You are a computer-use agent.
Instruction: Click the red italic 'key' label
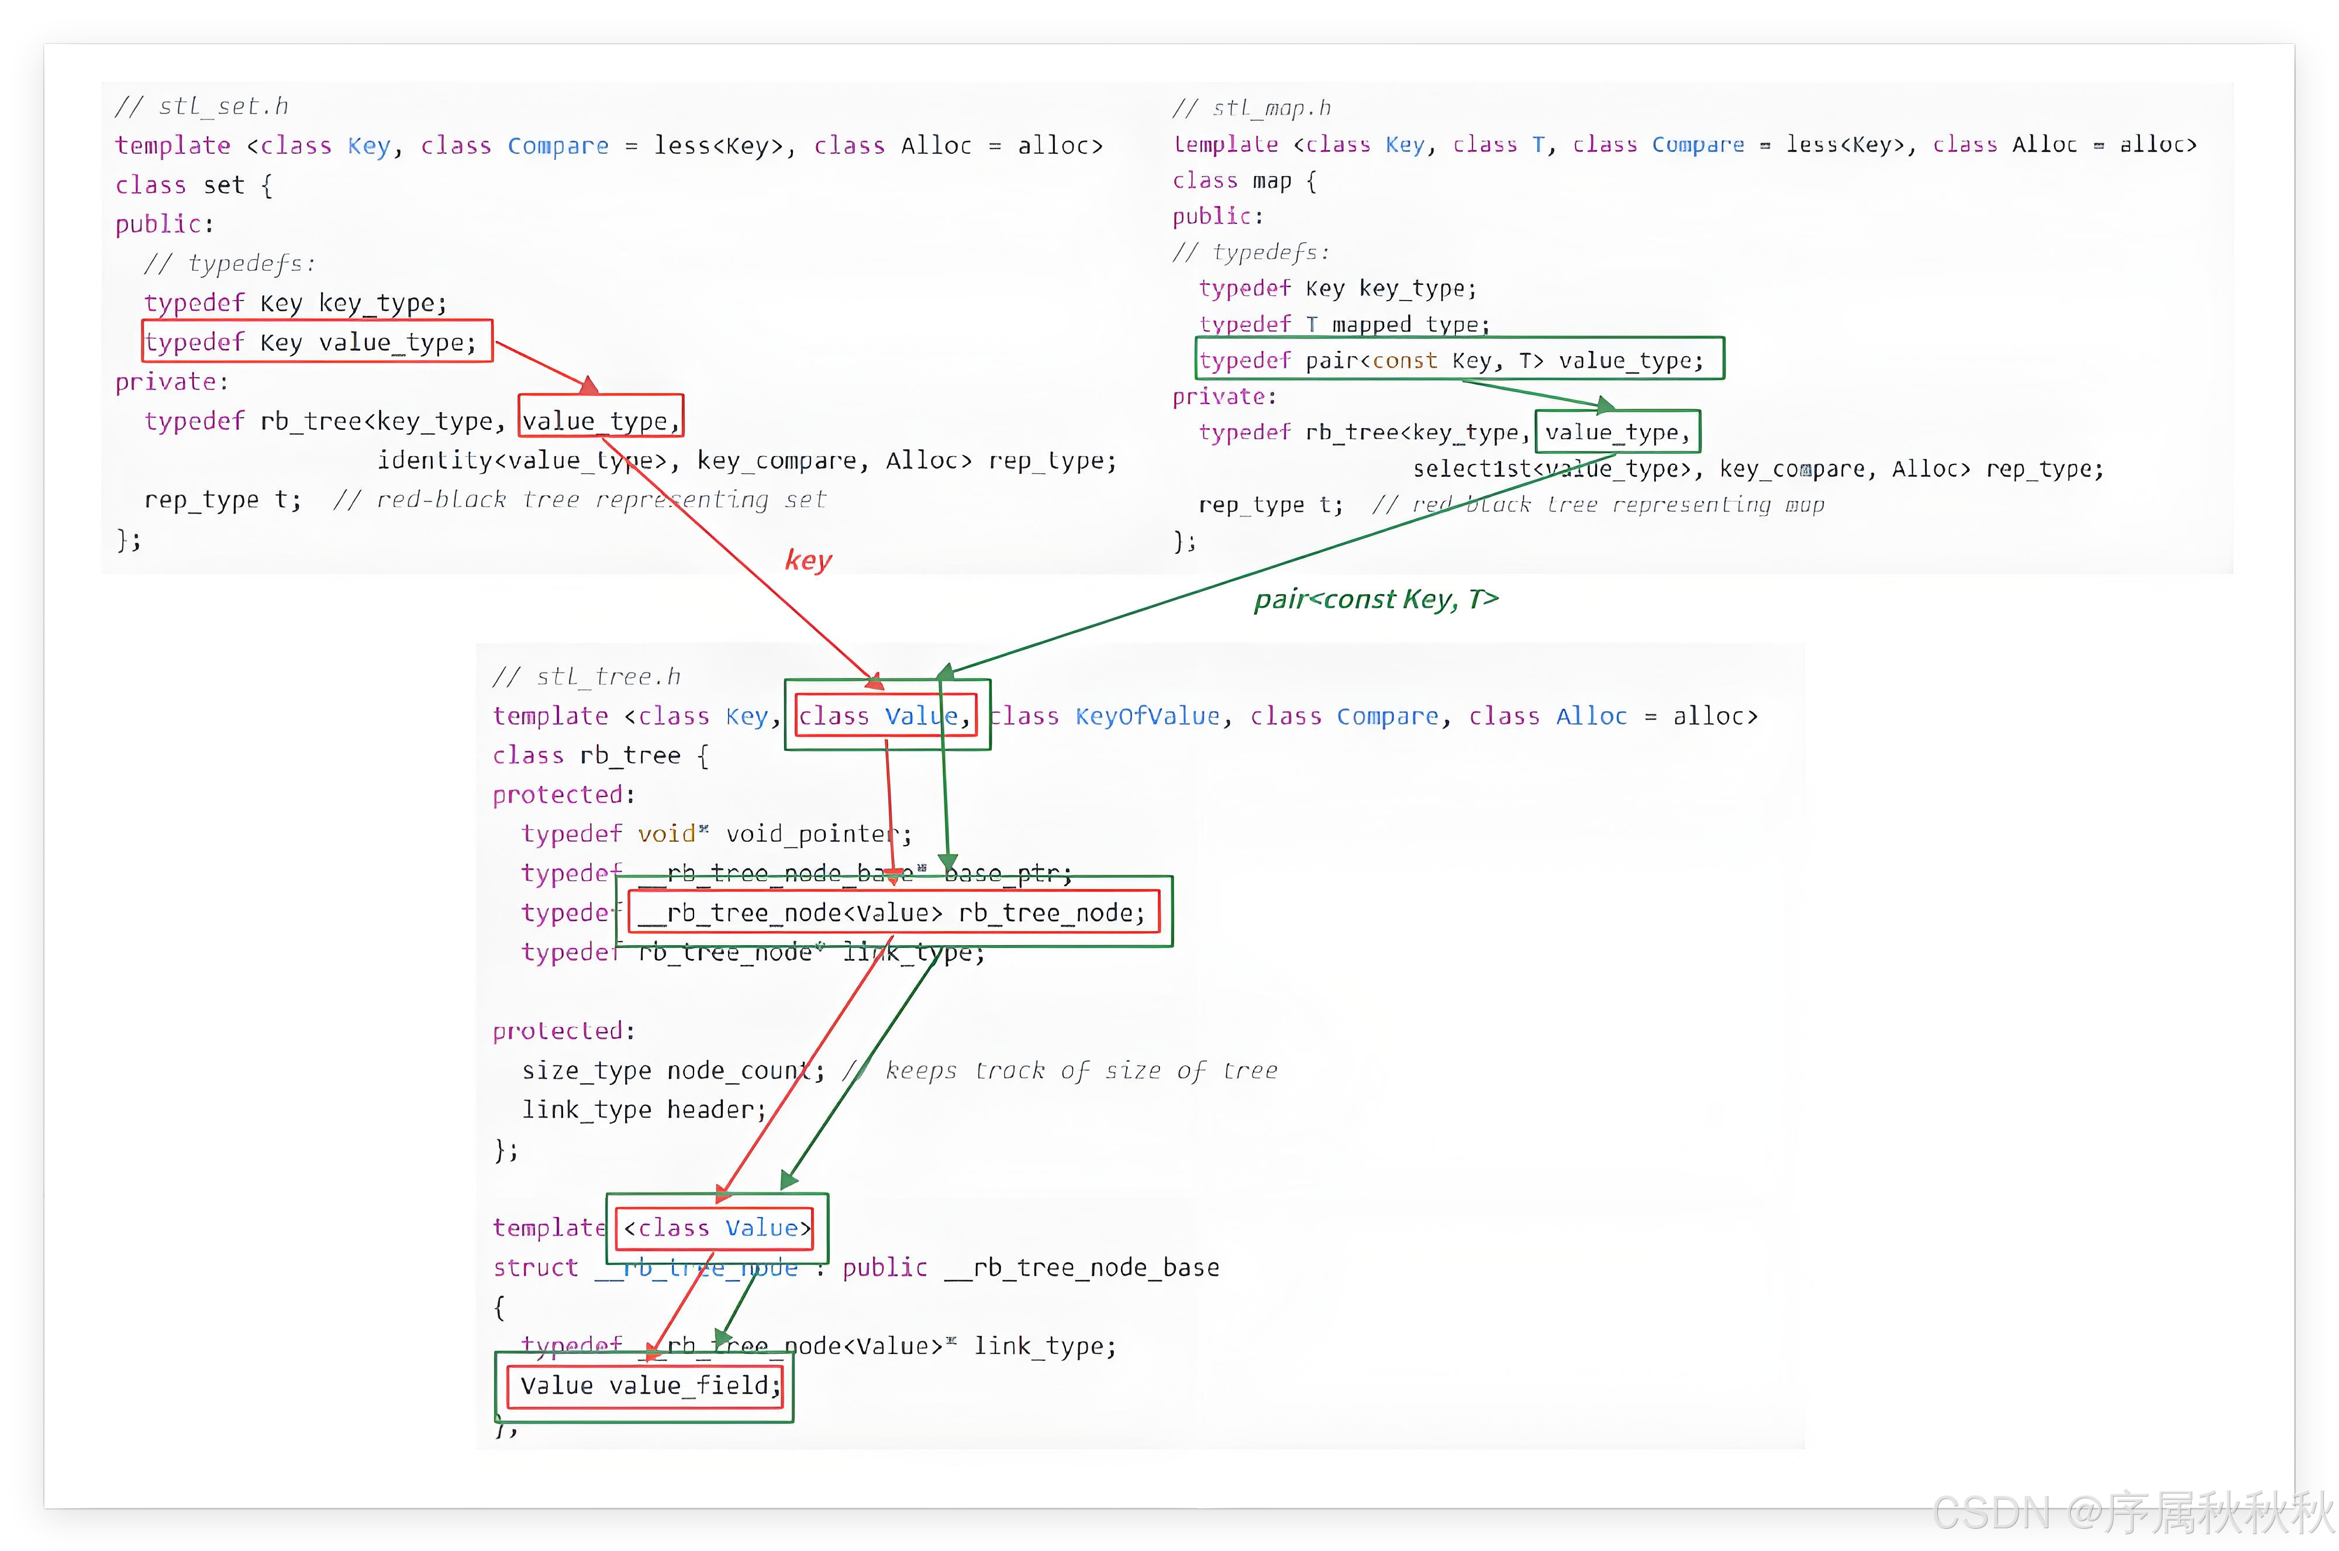coord(808,560)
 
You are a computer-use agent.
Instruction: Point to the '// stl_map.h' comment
coord(1252,108)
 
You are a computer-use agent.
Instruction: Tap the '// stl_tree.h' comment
coord(587,677)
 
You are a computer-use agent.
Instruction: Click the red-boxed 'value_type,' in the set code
coord(601,421)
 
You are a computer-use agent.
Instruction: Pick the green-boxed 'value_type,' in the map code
coord(1616,432)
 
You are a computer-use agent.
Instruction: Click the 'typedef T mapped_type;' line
coord(1343,325)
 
